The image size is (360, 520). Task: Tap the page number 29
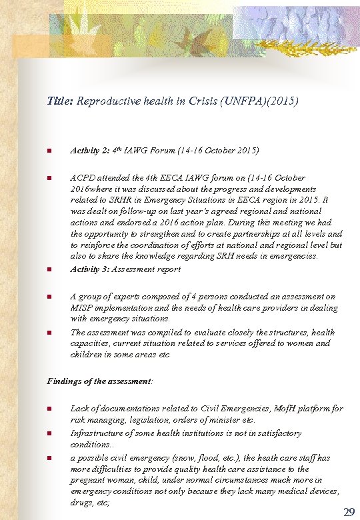point(348,511)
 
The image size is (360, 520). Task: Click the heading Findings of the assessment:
point(100,381)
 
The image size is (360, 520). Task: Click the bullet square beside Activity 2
point(49,151)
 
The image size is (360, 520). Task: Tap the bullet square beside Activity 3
point(49,270)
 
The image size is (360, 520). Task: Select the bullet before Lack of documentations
point(49,409)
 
